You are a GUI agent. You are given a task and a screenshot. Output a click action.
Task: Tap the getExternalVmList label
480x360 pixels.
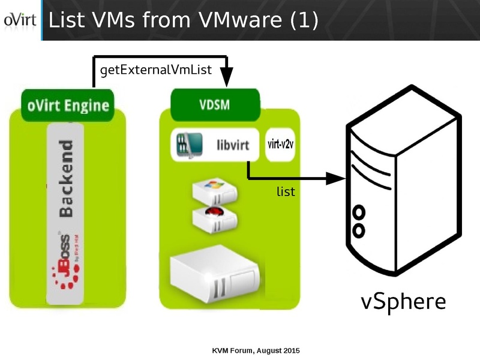[x=156, y=70]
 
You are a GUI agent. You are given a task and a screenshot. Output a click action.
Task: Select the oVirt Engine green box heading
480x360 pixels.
[x=68, y=106]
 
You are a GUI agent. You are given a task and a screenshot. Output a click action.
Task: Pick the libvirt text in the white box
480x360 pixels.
[x=231, y=145]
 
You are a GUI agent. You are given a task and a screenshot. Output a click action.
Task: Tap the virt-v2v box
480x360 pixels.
[x=280, y=145]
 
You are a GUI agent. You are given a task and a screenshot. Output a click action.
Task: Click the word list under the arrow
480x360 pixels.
[x=286, y=191]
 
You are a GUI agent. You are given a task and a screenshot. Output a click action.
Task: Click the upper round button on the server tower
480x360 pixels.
[x=359, y=212]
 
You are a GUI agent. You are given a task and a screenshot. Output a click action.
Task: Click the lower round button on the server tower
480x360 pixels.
[x=359, y=230]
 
